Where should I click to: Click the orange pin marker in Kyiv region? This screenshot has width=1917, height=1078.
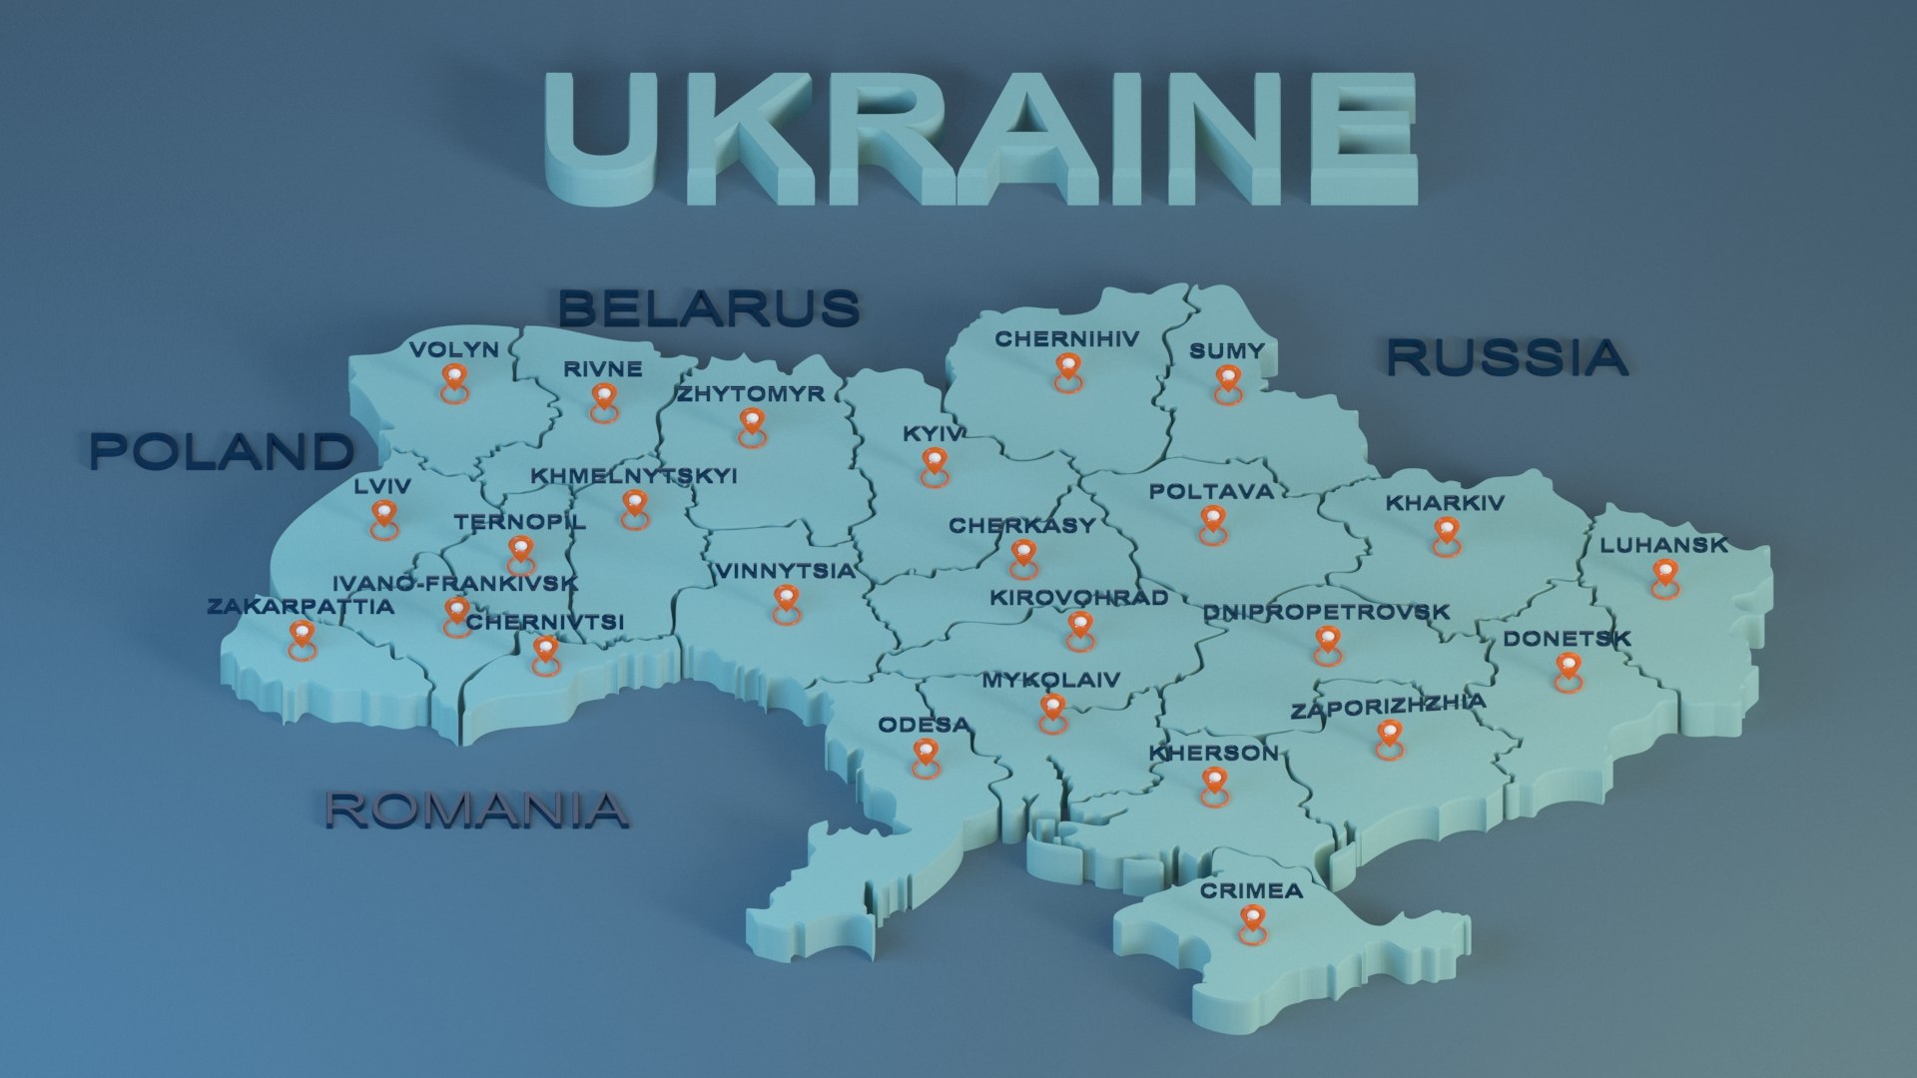pos(934,464)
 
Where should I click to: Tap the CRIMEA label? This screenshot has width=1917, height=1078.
pos(1251,890)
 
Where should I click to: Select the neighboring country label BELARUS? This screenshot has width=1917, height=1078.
pos(708,307)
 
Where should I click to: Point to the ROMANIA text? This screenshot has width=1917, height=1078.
pos(476,809)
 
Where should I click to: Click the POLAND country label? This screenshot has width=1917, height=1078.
pos(222,451)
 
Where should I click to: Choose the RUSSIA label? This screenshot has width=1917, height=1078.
pos(1507,357)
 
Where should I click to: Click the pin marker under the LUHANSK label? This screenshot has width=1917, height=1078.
pos(1664,576)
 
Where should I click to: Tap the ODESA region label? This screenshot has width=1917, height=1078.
pos(924,725)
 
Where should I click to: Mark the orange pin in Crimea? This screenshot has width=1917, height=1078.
pos(1251,921)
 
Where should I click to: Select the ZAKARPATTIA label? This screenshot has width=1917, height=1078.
pos(301,606)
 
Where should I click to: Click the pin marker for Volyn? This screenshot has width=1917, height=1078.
pos(454,380)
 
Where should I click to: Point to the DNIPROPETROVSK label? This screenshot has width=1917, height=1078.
pos(1326,612)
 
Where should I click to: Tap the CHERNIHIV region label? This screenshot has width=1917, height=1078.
pos(1066,339)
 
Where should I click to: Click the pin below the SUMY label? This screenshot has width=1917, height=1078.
pos(1227,381)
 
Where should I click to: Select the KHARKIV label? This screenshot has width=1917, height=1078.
pos(1444,503)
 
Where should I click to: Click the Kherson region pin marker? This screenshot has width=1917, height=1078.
pos(1213,784)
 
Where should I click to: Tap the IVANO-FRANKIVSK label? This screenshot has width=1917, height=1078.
pos(454,583)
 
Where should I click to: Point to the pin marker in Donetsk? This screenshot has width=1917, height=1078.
pos(1568,670)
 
